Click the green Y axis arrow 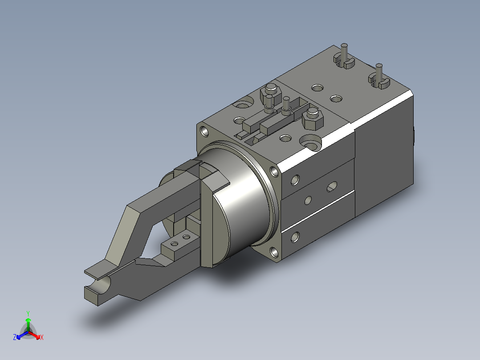(x=28, y=324)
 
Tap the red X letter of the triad (x=42, y=337)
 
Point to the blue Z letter (x=15, y=337)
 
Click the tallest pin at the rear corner (x=344, y=53)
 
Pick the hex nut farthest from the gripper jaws (x=271, y=94)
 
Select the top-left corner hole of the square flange (x=204, y=132)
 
